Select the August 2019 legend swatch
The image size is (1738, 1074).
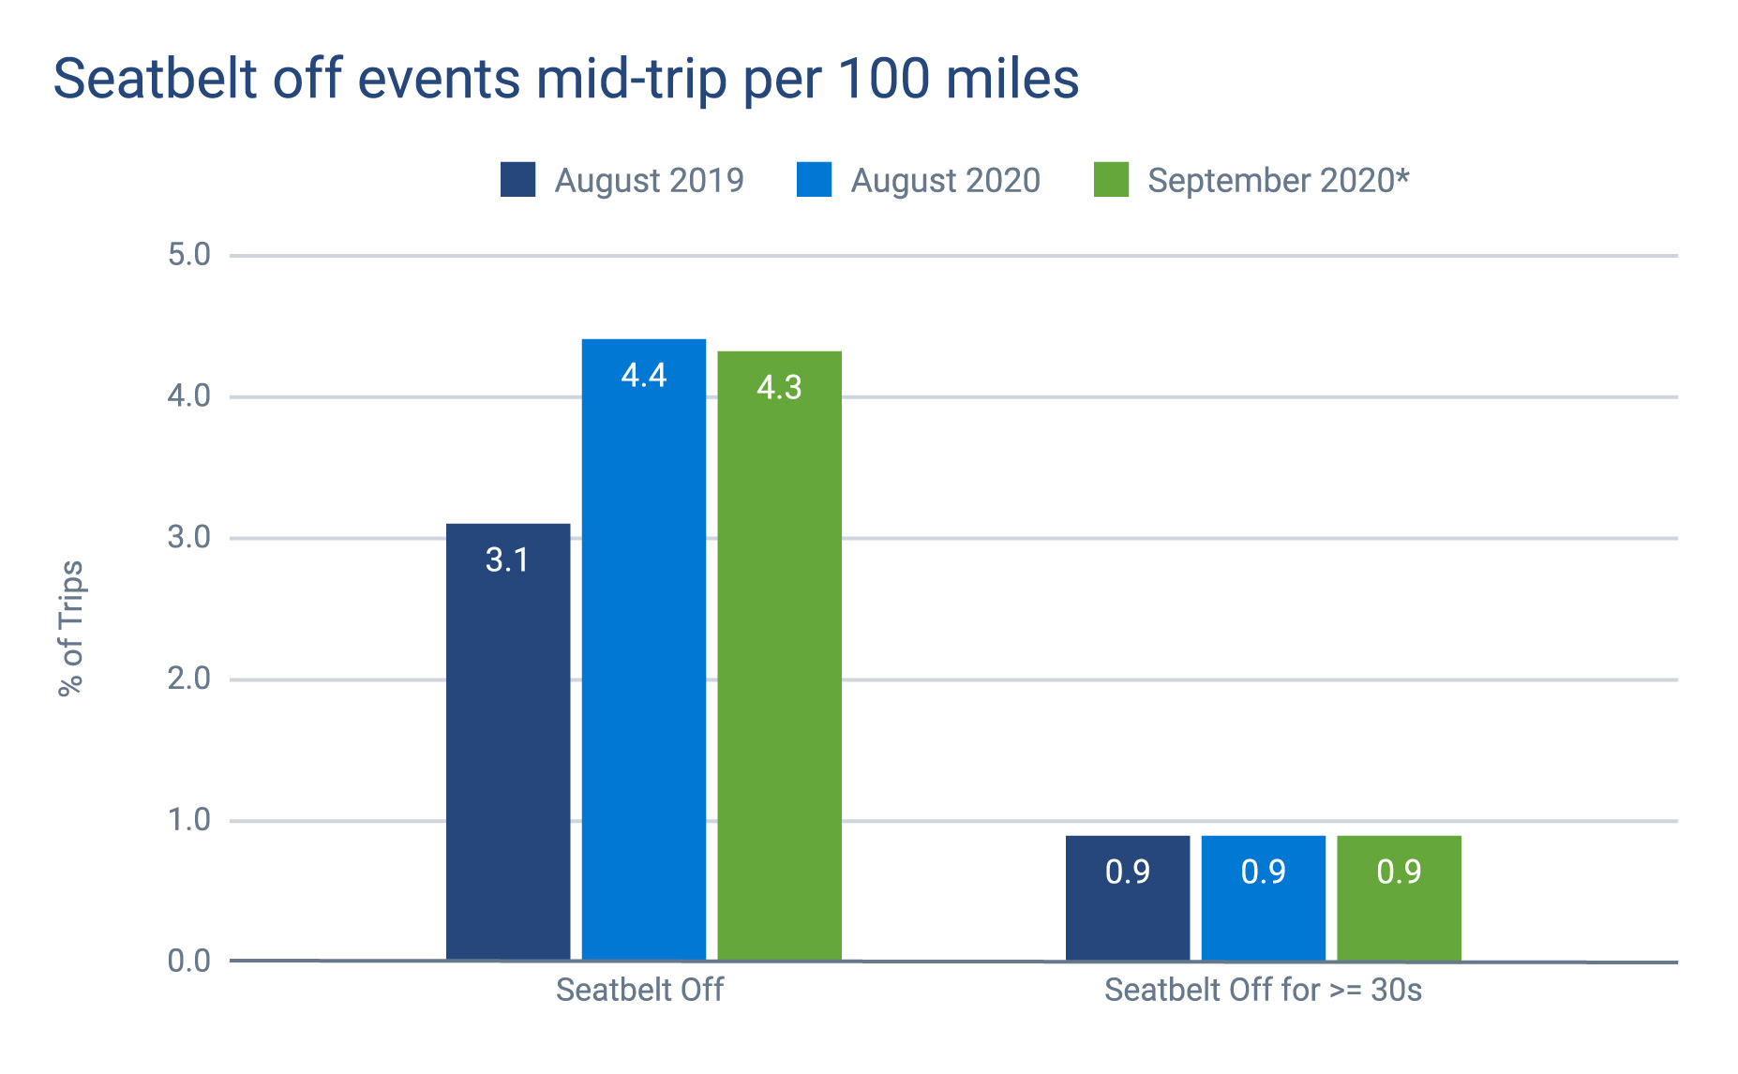[517, 180]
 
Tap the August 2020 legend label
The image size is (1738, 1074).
[945, 180]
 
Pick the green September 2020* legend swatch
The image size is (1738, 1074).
[1111, 180]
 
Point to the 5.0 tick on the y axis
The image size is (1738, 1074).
[189, 255]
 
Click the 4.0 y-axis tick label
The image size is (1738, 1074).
[189, 396]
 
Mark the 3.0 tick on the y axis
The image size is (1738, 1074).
[189, 538]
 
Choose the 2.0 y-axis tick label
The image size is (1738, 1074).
[189, 679]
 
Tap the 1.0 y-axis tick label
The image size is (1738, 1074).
[189, 820]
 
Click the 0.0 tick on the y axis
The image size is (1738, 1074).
[189, 962]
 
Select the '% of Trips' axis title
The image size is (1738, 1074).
[71, 628]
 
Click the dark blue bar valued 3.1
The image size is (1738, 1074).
[508, 740]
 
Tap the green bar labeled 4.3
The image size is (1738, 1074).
[779, 656]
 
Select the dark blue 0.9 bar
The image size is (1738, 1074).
[1128, 898]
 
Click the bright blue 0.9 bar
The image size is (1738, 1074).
[1264, 898]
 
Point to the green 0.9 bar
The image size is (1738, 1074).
[1399, 898]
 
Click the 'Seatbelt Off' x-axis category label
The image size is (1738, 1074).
[639, 991]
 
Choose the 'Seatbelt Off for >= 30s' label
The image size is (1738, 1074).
[1263, 991]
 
